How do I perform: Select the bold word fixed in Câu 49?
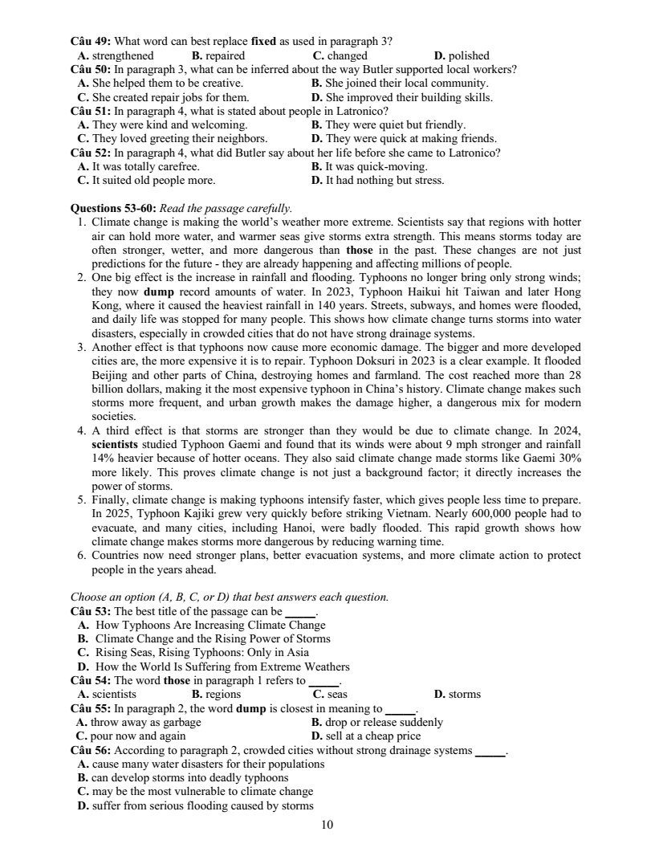click(263, 40)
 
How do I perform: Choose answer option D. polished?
click(461, 55)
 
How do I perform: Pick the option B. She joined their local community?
click(399, 83)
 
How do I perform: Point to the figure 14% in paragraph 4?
click(104, 457)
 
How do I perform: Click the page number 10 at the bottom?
click(327, 825)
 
